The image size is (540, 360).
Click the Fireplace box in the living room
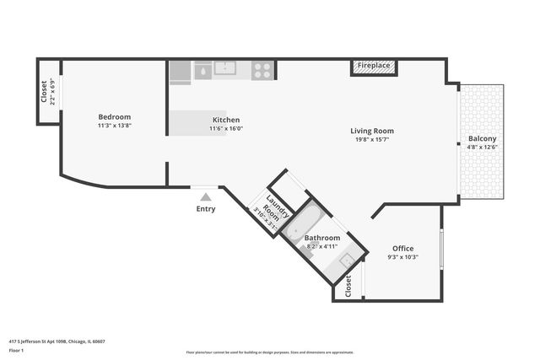[x=373, y=67]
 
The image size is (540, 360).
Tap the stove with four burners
[x=263, y=71]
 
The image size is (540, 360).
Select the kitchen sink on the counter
[x=224, y=68]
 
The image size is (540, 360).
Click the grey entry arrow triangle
[x=205, y=196]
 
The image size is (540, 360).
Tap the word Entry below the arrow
[x=205, y=209]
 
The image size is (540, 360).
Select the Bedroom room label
[x=114, y=117]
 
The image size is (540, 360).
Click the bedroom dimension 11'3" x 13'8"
[x=114, y=126]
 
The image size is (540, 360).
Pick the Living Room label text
[x=372, y=131]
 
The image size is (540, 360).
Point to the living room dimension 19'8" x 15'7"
[x=372, y=140]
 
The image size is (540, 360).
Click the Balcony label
[x=482, y=138]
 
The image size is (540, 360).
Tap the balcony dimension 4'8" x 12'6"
[x=482, y=147]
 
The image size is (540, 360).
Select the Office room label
[x=402, y=248]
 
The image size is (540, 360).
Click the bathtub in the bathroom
[x=301, y=223]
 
